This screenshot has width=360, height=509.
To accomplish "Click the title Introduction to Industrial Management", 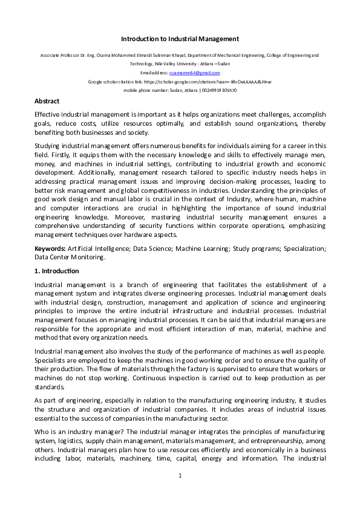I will [180, 39].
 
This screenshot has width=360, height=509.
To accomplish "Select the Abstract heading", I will [47, 101].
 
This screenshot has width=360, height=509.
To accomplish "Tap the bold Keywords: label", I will [50, 248].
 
